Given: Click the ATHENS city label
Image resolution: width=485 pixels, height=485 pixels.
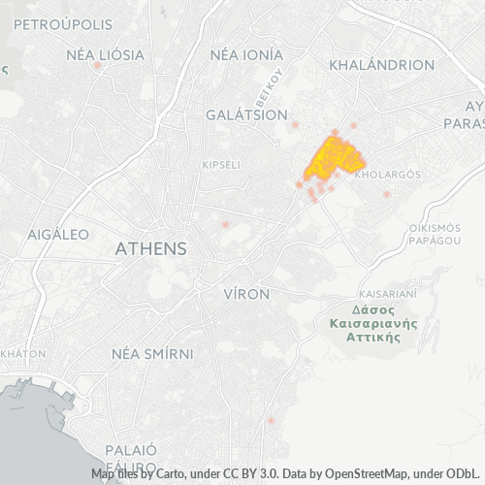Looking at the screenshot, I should pos(150,248).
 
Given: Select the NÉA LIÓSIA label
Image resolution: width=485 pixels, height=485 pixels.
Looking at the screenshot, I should pos(98,54).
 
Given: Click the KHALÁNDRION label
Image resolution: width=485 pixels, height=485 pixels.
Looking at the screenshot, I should pos(381,65).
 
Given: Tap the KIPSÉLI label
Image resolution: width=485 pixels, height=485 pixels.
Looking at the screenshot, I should pos(220,165).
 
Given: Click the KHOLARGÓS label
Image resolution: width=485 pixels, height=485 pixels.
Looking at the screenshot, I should pos(387,176).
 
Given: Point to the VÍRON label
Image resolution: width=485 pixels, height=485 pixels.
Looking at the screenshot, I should pos(246,293).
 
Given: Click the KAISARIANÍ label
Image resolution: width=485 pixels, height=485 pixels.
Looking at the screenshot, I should pos(387,293).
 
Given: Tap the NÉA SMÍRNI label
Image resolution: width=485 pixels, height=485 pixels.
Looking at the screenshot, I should pos(153,353).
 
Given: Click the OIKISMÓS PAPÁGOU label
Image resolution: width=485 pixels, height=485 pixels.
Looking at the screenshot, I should pos(434,233).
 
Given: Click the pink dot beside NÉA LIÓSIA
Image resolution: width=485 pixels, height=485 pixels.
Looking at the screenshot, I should pos(98,66).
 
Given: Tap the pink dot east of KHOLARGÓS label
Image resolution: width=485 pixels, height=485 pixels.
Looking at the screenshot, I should pos(386,194).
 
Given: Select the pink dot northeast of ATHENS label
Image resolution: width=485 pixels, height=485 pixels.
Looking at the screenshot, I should pos(225,224).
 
